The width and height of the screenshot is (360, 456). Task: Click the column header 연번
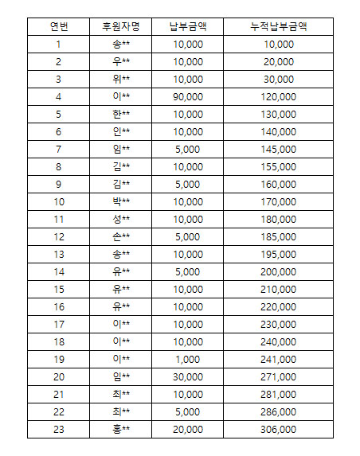pyautogui.click(x=58, y=25)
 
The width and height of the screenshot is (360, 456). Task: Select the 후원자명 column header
pyautogui.click(x=121, y=25)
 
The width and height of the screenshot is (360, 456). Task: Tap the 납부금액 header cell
pyautogui.click(x=188, y=25)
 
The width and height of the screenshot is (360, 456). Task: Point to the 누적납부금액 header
pyautogui.click(x=278, y=25)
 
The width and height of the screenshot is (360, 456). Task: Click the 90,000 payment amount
pyautogui.click(x=188, y=96)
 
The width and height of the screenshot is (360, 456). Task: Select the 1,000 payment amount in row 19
pyautogui.click(x=188, y=358)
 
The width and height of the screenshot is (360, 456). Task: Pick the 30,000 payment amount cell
pyautogui.click(x=188, y=376)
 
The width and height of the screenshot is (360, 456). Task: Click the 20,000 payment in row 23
pyautogui.click(x=188, y=428)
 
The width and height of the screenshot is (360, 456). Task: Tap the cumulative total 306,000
pyautogui.click(x=278, y=428)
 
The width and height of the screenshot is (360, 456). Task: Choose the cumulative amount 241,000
pyautogui.click(x=278, y=358)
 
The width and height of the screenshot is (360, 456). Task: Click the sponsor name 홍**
pyautogui.click(x=121, y=428)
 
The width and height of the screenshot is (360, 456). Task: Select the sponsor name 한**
pyautogui.click(x=121, y=114)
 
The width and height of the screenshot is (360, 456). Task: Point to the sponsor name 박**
pyautogui.click(x=121, y=201)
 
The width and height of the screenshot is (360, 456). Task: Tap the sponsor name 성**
pyautogui.click(x=121, y=219)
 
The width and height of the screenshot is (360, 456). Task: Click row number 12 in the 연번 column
pyautogui.click(x=58, y=236)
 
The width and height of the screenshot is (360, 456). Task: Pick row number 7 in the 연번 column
pyautogui.click(x=58, y=149)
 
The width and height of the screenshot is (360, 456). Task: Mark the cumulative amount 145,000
pyautogui.click(x=278, y=149)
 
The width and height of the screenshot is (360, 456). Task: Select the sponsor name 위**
pyautogui.click(x=121, y=79)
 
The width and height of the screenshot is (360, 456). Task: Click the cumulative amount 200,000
pyautogui.click(x=278, y=271)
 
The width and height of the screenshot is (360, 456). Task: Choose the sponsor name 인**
pyautogui.click(x=121, y=131)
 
